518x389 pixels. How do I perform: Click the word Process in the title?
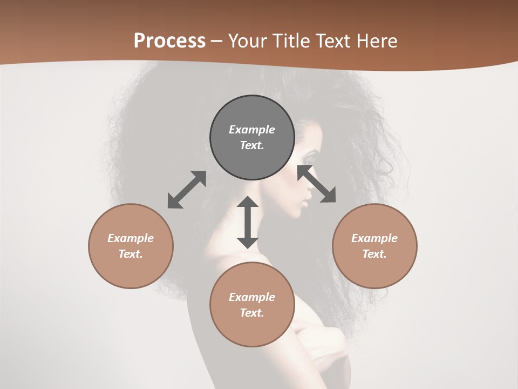pyautogui.click(x=169, y=41)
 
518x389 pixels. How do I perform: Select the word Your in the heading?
pyautogui.click(x=246, y=41)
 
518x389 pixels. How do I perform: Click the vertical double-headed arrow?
pyautogui.click(x=248, y=223)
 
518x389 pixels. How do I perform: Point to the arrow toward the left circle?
pyautogui.click(x=187, y=190)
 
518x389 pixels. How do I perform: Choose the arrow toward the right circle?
pyautogui.click(x=317, y=184)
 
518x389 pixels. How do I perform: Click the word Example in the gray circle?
pyautogui.click(x=252, y=130)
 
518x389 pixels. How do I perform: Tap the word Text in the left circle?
pyautogui.click(x=131, y=254)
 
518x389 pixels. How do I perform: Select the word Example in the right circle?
pyautogui.click(x=374, y=238)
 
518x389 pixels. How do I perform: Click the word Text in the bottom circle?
pyautogui.click(x=252, y=313)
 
